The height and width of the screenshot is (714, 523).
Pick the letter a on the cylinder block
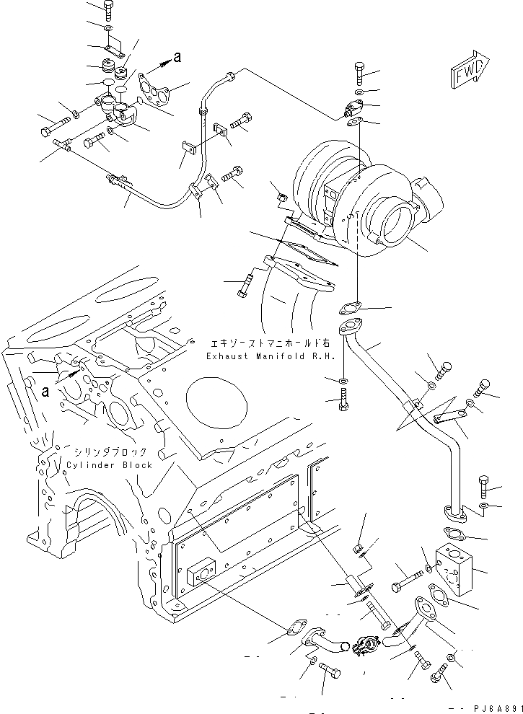tap(46, 392)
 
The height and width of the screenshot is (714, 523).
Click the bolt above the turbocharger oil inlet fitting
tap(360, 73)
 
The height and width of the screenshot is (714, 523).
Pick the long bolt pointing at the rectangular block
tap(408, 576)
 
